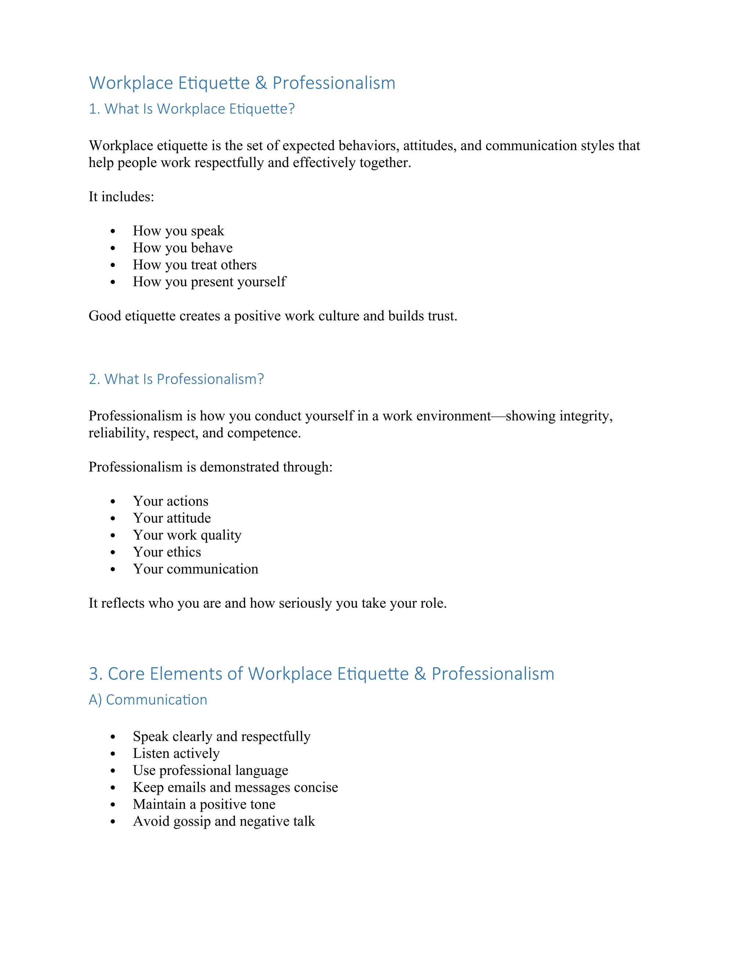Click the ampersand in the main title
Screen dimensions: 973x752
click(x=261, y=83)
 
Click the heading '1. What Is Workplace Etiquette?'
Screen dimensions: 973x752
click(x=192, y=109)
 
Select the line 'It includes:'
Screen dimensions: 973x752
click(x=121, y=196)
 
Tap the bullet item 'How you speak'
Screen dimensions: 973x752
click(x=178, y=231)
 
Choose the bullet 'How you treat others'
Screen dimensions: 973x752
click(x=195, y=265)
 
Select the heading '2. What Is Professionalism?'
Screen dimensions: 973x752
click(x=176, y=379)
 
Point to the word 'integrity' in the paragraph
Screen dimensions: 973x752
click(x=585, y=416)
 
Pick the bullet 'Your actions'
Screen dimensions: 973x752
click(x=171, y=501)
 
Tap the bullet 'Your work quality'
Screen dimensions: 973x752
click(x=187, y=535)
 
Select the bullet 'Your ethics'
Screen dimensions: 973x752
click(x=167, y=552)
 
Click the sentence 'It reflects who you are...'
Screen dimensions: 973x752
click(x=267, y=603)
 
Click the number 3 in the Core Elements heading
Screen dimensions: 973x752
click(x=93, y=674)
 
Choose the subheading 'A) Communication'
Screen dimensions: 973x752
click(x=148, y=700)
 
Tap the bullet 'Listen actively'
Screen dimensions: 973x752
click(x=176, y=753)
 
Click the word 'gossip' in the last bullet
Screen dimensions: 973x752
click(x=192, y=821)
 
